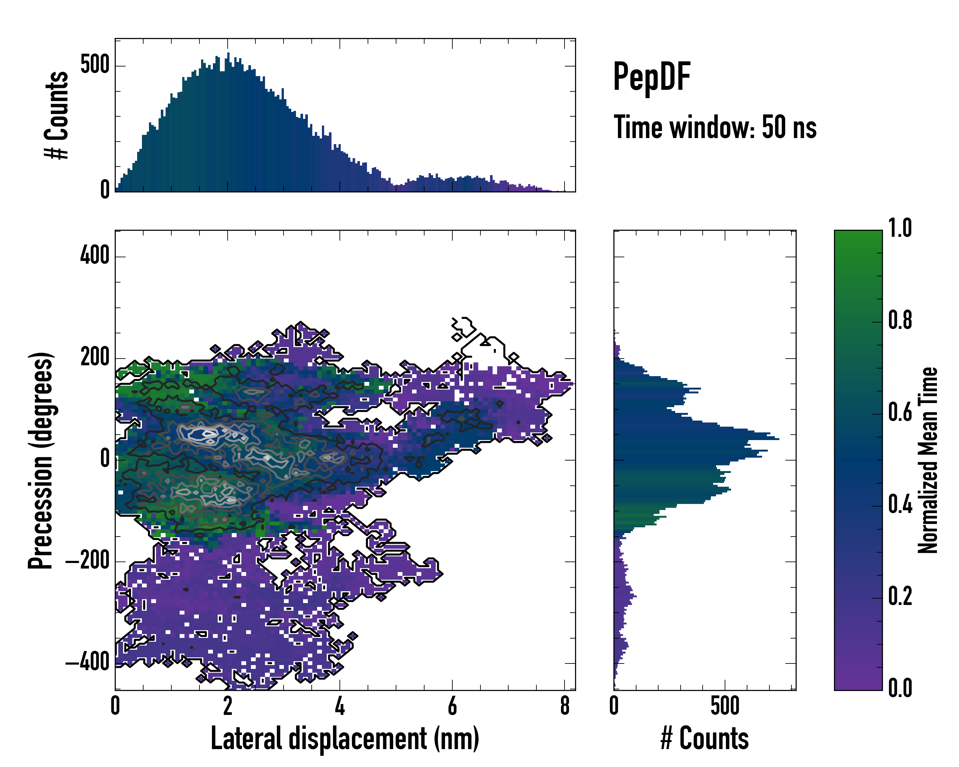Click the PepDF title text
[x=651, y=77]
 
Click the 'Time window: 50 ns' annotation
[x=715, y=128]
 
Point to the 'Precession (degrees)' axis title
[x=41, y=460]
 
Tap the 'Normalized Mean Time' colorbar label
[x=927, y=460]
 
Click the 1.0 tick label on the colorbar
[x=900, y=228]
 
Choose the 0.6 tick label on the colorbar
[x=900, y=412]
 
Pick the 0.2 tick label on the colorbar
[x=900, y=596]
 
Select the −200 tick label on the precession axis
[x=88, y=561]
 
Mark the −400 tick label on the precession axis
[x=88, y=662]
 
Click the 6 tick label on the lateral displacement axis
[x=452, y=706]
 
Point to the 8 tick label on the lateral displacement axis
[x=565, y=706]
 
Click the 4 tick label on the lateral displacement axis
[x=340, y=706]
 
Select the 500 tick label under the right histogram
[x=725, y=706]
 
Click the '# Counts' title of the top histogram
[x=57, y=115]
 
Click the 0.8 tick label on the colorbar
[x=900, y=320]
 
